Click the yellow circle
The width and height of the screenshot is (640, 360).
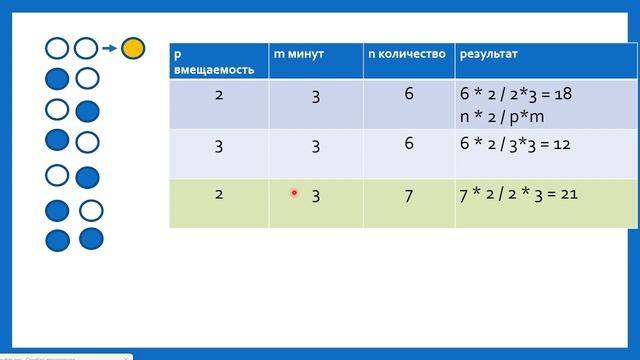(x=133, y=47)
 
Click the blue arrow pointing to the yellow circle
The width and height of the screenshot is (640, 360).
(x=109, y=47)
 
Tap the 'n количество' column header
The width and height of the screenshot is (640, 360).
(x=406, y=52)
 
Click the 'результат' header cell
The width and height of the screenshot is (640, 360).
(x=489, y=52)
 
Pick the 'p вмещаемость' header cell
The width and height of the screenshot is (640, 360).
(x=218, y=61)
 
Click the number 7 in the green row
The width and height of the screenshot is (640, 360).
(x=409, y=195)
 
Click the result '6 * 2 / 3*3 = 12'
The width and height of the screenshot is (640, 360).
(x=515, y=144)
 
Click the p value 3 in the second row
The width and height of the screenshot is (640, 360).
(x=219, y=146)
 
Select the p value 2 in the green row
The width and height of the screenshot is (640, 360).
(x=219, y=194)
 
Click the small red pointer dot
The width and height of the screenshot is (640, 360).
(x=295, y=193)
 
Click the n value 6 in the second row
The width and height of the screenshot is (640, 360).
(x=409, y=146)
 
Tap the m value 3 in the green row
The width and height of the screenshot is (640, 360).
(x=315, y=195)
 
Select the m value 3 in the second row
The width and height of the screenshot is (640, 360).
(x=315, y=146)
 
